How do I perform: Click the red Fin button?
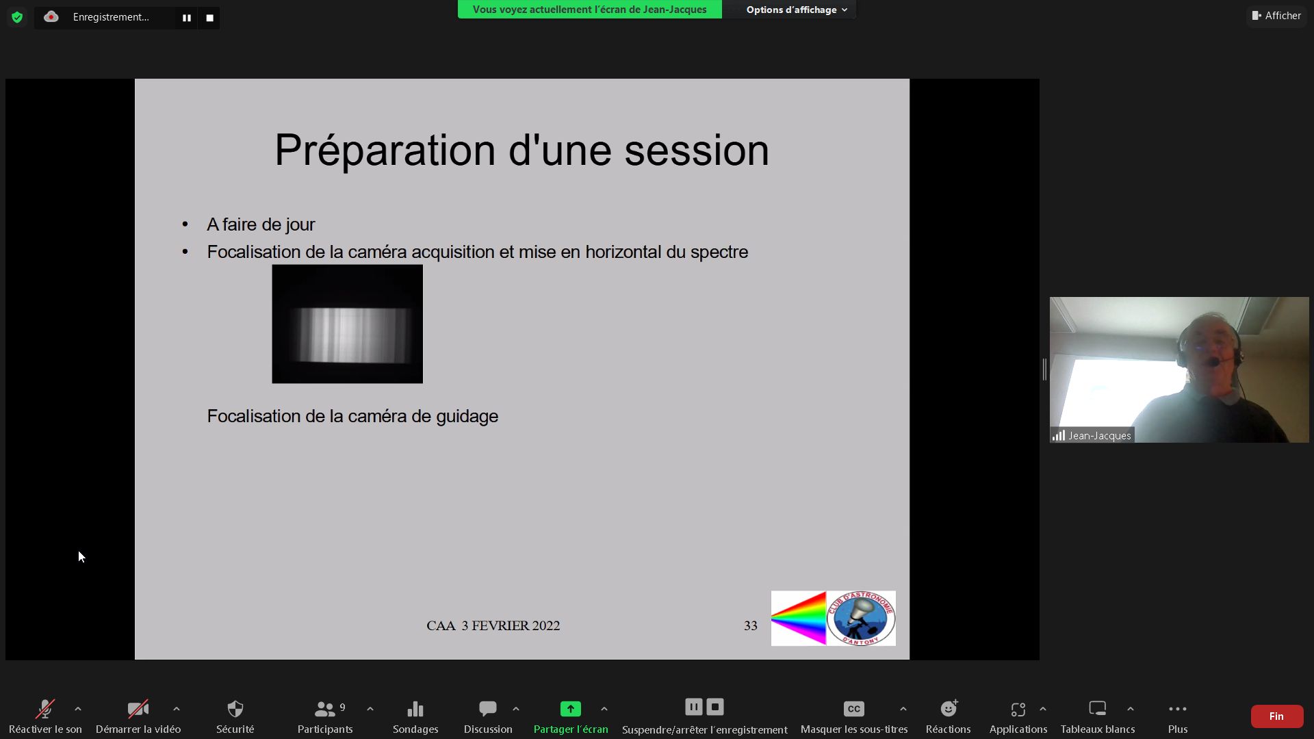[x=1276, y=716]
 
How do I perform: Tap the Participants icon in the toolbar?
[x=325, y=709]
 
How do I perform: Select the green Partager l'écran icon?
[x=571, y=709]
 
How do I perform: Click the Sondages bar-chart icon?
[x=415, y=709]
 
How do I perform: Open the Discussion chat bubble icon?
[x=488, y=709]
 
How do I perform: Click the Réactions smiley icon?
[x=949, y=708]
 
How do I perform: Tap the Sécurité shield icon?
[x=235, y=709]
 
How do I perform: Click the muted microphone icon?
[x=45, y=709]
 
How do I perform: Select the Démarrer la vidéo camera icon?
[x=138, y=709]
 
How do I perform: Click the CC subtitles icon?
[x=854, y=709]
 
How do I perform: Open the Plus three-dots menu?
[x=1178, y=709]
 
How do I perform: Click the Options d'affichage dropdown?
[x=797, y=10]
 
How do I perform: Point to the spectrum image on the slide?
[x=347, y=324]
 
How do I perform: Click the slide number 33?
[x=751, y=625]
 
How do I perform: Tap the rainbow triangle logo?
[x=799, y=619]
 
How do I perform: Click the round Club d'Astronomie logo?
[x=861, y=619]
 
